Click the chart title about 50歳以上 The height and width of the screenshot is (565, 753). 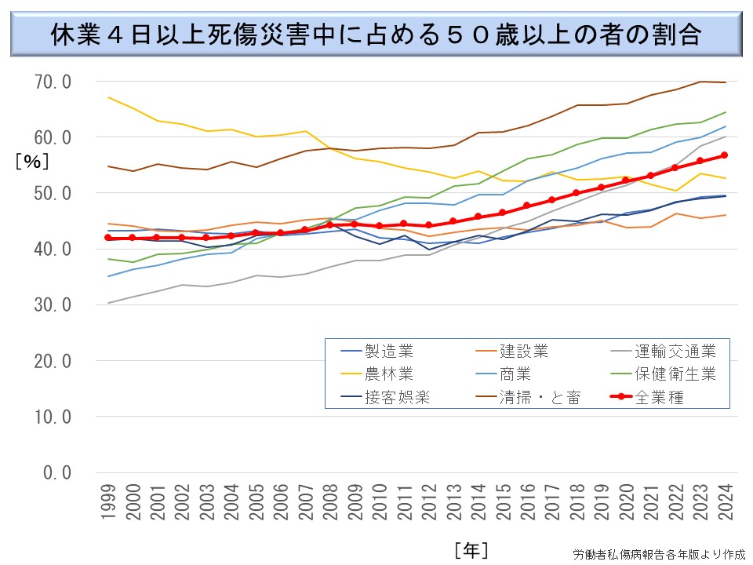(x=376, y=35)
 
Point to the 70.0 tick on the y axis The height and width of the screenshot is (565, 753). (x=54, y=82)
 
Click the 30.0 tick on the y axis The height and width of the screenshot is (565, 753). (x=54, y=304)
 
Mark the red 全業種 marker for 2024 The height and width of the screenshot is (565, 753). (x=725, y=155)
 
